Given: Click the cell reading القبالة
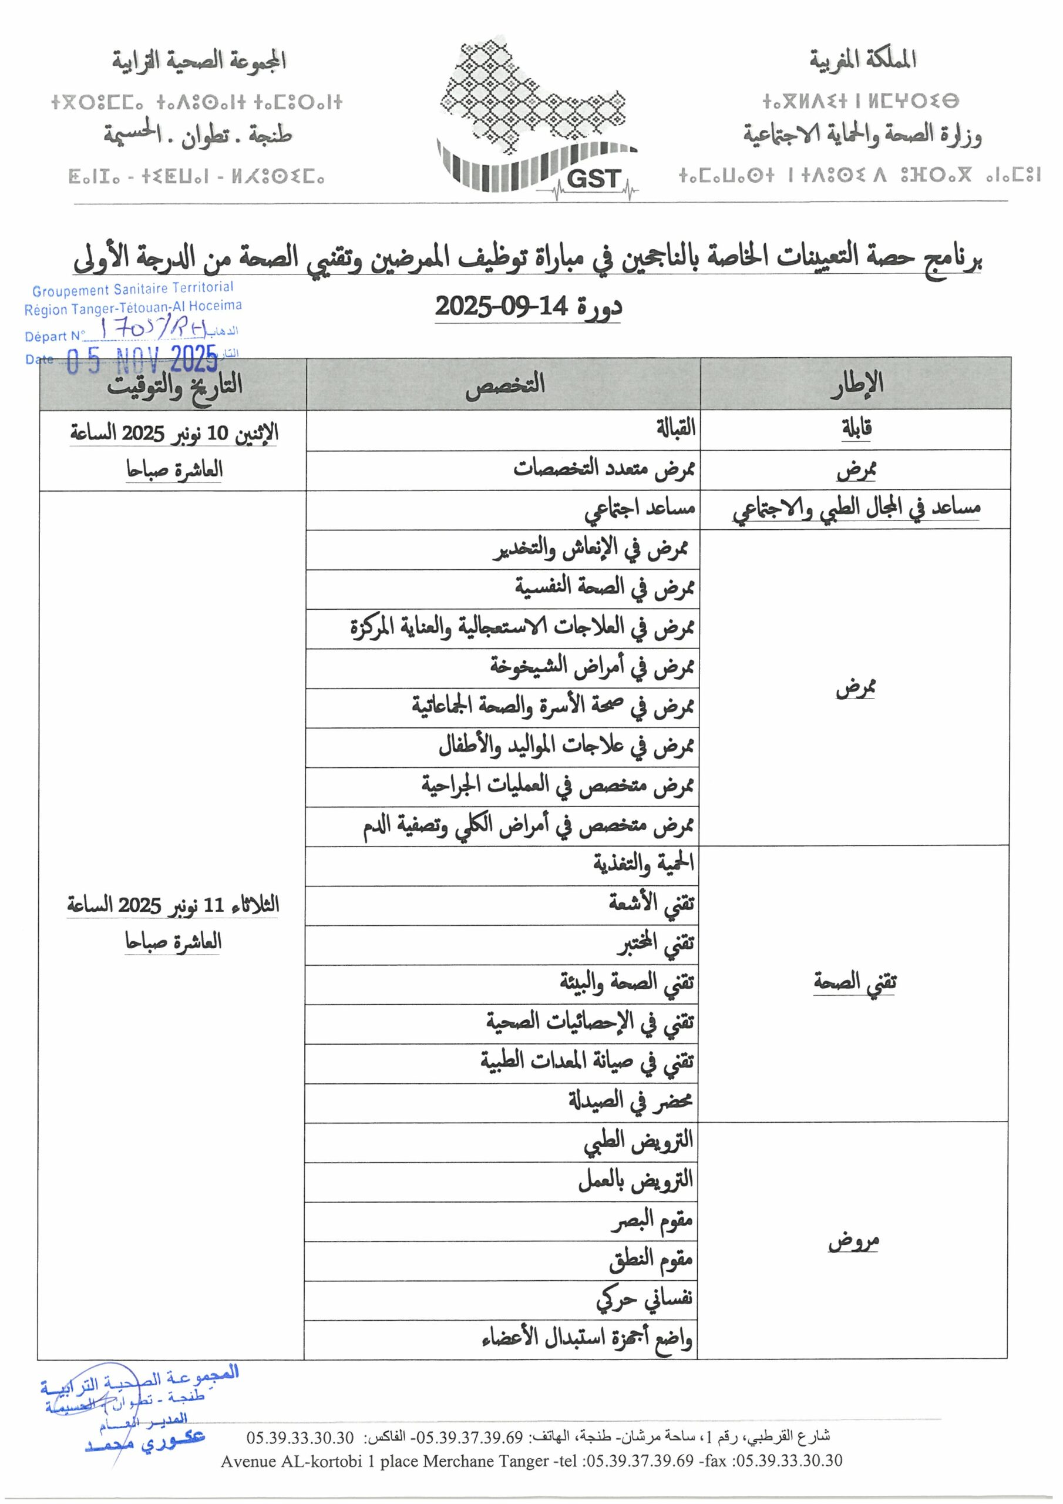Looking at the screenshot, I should coord(675,429).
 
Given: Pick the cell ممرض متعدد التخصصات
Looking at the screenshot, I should coord(603,469).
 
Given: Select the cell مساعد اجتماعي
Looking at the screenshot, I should coord(639,509).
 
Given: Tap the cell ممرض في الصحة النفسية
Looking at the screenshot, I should coord(603,589).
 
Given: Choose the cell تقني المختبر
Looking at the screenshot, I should coord(654,944).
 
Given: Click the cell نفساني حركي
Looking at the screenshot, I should coord(644,1300).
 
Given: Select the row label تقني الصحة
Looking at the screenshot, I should coord(855,982).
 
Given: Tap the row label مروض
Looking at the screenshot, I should coord(853,1241).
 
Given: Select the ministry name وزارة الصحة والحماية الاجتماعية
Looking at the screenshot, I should coord(862,136).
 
